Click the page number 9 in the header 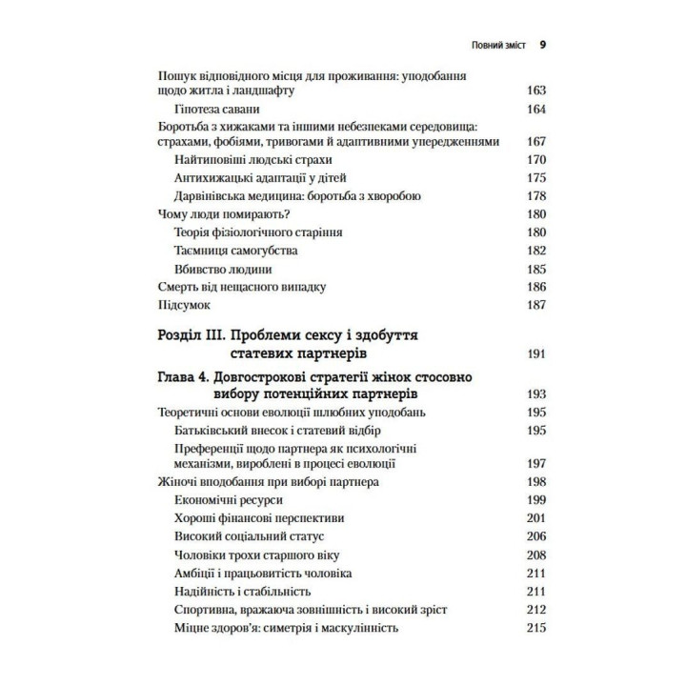point(541,44)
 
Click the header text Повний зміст point(491,44)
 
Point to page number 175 point(535,177)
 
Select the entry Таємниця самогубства point(236,250)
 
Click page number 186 point(535,286)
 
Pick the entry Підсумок point(181,305)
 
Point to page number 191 point(535,353)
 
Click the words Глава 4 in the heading point(184,377)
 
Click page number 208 point(535,555)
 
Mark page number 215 point(535,628)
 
